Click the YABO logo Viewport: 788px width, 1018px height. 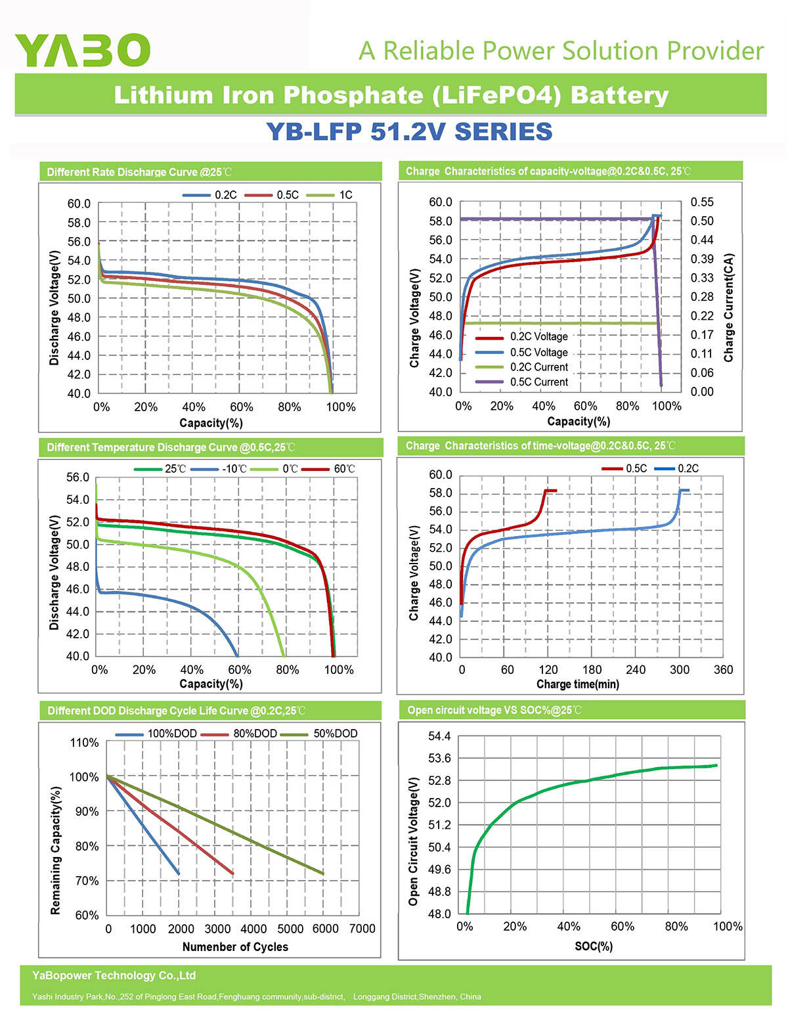[82, 50]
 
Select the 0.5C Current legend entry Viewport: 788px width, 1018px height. [538, 382]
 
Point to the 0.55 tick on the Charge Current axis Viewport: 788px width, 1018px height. [701, 202]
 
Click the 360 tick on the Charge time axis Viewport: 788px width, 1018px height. [723, 670]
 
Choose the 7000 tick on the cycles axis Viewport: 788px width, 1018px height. [362, 929]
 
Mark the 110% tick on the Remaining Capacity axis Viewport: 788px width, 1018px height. [85, 743]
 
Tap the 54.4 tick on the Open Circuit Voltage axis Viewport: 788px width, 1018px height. [439, 736]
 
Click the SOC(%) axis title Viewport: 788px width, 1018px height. [594, 946]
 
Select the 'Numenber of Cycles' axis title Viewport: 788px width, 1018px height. [235, 946]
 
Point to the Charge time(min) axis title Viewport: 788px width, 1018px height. [577, 684]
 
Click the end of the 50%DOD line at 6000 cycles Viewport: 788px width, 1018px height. [323, 874]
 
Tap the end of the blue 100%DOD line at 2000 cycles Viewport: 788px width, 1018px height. [179, 874]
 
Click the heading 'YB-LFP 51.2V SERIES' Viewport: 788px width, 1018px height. [408, 131]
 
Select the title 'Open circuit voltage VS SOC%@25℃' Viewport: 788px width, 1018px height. [494, 710]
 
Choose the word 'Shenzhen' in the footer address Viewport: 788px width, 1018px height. [440, 997]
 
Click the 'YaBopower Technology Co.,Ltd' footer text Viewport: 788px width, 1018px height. [114, 976]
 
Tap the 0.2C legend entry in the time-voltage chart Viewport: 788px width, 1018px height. [688, 468]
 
